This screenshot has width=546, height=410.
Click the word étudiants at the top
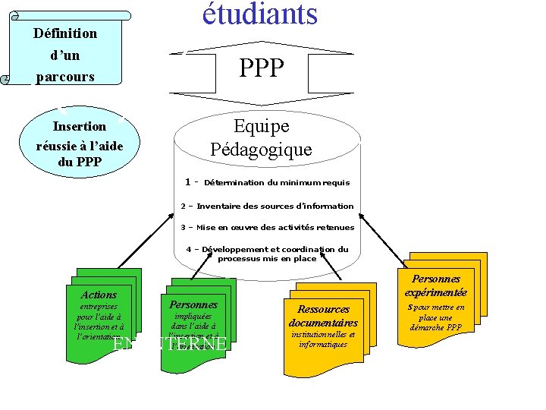pos(259,14)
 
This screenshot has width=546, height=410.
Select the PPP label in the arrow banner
pos(262,69)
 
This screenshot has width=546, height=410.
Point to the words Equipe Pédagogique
pos(261,137)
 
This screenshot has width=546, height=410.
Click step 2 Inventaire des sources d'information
pos(267,206)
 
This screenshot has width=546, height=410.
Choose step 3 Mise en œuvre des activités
pos(267,227)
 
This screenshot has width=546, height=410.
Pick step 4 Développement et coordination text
pos(267,254)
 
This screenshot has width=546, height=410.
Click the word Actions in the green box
pos(99,295)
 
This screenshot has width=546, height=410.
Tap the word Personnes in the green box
pos(193,304)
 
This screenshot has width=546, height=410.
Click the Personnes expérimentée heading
pos(436,285)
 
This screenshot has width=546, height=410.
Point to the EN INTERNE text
pos(170,344)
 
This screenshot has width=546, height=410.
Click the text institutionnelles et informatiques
pos(323,339)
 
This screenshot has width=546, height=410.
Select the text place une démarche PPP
pos(436,323)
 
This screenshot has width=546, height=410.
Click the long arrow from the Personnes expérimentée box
pos(383,239)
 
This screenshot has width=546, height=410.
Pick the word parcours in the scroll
pos(65,77)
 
